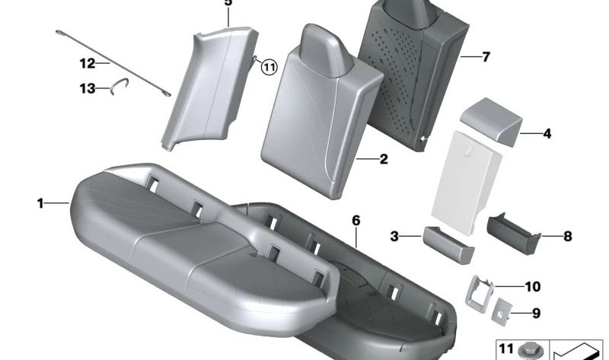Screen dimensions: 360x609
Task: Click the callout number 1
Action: (x=40, y=203)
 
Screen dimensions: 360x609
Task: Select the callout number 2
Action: (x=384, y=159)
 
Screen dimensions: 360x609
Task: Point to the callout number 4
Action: (x=547, y=134)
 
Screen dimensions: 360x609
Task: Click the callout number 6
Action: (x=355, y=220)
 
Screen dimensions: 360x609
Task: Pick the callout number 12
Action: (x=88, y=63)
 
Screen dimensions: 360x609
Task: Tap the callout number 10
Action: (x=532, y=287)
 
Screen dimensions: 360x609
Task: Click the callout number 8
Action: (x=567, y=237)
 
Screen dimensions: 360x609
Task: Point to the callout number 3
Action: (x=394, y=237)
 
